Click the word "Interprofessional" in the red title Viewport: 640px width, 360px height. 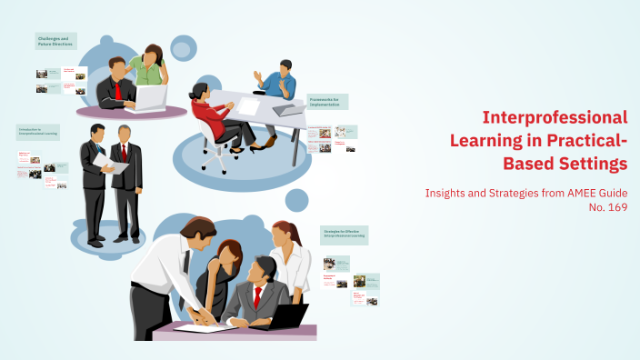[555, 117]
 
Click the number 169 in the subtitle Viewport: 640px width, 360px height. [615, 207]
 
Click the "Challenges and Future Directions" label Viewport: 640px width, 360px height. [55, 41]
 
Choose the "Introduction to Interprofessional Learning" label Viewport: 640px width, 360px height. [38, 132]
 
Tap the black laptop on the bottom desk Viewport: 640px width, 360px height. [291, 315]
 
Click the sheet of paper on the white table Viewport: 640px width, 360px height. [248, 106]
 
